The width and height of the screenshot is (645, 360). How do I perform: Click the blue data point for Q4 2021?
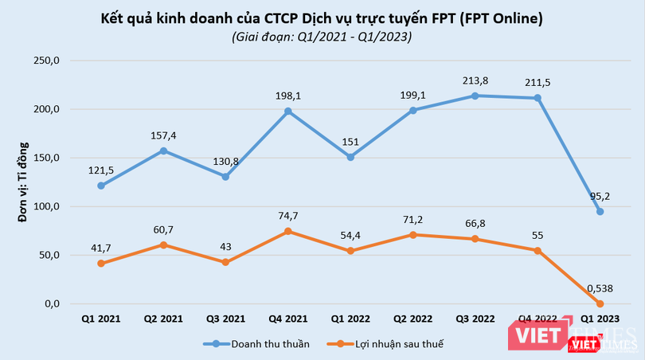click(287, 112)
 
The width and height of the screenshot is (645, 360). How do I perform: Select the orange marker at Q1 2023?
click(600, 303)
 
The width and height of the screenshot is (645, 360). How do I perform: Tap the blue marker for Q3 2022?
click(475, 96)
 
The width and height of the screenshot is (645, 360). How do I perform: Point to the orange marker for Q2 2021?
click(163, 245)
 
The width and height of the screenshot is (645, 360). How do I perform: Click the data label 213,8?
click(475, 80)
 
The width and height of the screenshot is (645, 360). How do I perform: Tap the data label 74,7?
click(287, 217)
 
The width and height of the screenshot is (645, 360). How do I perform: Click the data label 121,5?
click(101, 170)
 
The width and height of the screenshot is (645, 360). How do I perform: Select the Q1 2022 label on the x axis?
click(350, 319)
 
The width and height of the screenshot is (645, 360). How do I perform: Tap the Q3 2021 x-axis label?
click(225, 319)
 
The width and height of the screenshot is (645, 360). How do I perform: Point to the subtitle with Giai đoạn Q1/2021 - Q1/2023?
click(322, 37)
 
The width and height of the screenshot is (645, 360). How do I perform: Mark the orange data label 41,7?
click(101, 248)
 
